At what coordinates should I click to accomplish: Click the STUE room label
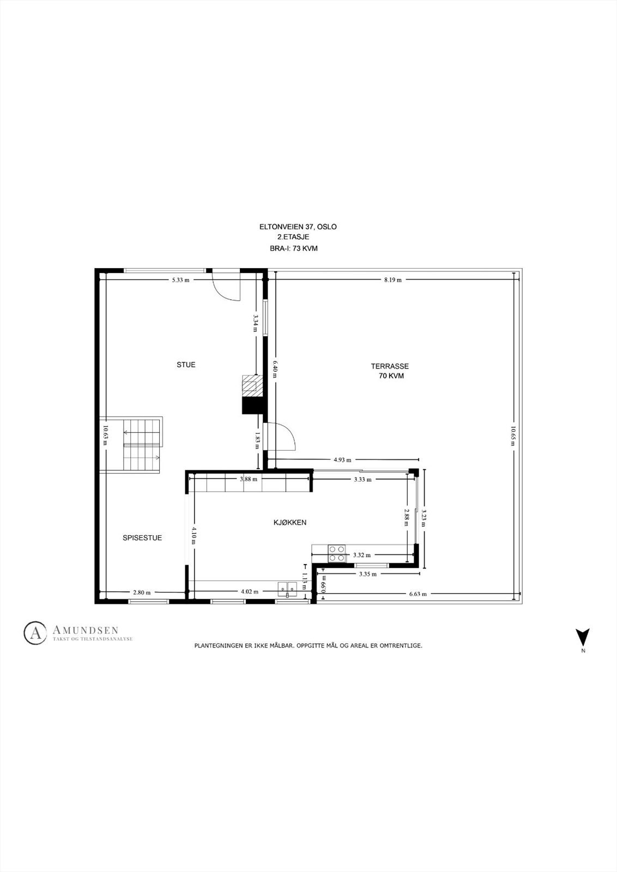point(186,365)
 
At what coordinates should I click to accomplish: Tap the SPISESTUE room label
point(142,537)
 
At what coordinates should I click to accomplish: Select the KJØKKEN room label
point(290,522)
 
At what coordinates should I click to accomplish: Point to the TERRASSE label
point(390,366)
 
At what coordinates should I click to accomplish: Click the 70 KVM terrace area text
point(391,376)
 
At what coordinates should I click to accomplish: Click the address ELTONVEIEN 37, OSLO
point(298,227)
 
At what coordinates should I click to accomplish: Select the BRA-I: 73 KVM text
point(294,249)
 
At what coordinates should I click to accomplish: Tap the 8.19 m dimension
point(392,280)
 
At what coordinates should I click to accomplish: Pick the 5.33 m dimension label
point(181,280)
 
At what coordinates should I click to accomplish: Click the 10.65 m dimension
point(513,436)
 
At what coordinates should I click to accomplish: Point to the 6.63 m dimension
point(418,594)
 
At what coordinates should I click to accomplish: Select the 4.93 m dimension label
point(342,459)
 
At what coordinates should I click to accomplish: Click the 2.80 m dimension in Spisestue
point(142,592)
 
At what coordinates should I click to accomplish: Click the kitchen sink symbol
point(288,588)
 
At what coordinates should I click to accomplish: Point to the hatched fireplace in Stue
point(251,385)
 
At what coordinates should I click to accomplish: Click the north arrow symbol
point(583,636)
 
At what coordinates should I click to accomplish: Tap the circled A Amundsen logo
point(35,632)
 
